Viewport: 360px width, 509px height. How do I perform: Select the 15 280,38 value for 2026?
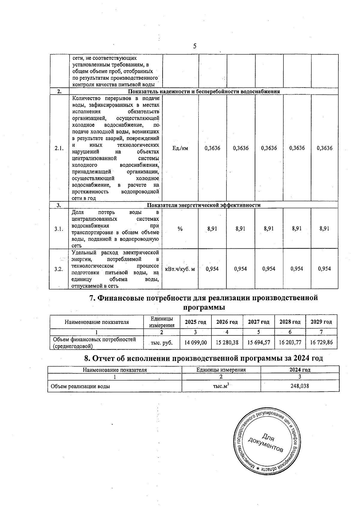[x=227, y=342]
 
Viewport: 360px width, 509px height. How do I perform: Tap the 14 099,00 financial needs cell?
[x=195, y=342]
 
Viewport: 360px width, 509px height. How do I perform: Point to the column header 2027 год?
[x=259, y=322]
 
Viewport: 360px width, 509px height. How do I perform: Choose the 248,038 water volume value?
[x=300, y=386]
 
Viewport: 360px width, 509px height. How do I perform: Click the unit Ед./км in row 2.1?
[x=180, y=148]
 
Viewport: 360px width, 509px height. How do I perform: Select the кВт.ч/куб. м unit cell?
[x=180, y=269]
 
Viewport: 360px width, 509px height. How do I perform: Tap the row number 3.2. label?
[x=59, y=269]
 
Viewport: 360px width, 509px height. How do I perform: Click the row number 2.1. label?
[x=59, y=148]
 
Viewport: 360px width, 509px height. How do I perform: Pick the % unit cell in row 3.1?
[x=180, y=229]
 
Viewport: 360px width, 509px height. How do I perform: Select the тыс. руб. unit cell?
[x=162, y=343]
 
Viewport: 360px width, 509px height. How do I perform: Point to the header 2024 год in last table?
[x=300, y=370]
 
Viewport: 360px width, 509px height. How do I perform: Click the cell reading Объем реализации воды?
[x=80, y=386]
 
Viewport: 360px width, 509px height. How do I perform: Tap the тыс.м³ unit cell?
[x=221, y=386]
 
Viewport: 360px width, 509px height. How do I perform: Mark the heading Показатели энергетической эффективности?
[x=204, y=205]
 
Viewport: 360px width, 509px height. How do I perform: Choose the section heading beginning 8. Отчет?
[x=204, y=358]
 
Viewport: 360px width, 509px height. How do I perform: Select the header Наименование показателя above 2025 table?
[x=97, y=322]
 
